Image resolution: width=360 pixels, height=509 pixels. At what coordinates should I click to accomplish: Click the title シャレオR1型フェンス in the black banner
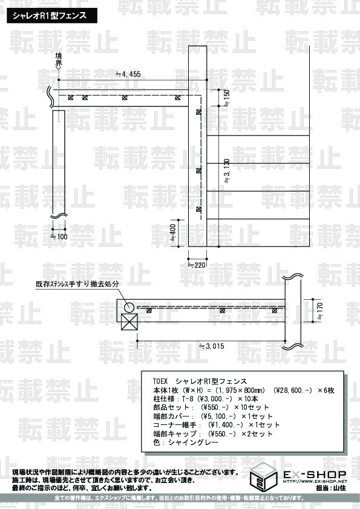pos(50,16)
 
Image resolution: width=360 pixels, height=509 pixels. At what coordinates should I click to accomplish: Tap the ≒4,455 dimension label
pos(128,74)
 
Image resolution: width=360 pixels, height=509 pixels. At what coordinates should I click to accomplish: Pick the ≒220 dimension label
pos(197,265)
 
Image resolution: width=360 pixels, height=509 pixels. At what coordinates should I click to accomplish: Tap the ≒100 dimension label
pos(59,236)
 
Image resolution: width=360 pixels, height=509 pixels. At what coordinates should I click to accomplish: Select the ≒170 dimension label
pos(319,311)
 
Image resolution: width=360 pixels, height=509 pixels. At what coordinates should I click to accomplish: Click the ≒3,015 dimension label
pos(212,346)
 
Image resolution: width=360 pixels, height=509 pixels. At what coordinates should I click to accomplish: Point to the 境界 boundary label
pos(59,60)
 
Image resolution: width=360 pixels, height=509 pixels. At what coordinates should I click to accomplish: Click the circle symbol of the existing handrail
pos(129,307)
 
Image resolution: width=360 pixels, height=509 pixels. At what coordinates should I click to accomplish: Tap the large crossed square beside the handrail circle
pos(129,322)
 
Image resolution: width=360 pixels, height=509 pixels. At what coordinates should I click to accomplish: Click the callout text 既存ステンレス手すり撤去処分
pos(77,284)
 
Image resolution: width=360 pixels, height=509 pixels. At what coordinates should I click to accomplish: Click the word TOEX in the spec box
pos(160,381)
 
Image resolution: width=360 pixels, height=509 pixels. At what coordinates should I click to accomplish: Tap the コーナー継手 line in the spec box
pos(217,425)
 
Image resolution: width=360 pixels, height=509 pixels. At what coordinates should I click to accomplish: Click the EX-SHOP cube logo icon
pos(263,477)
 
